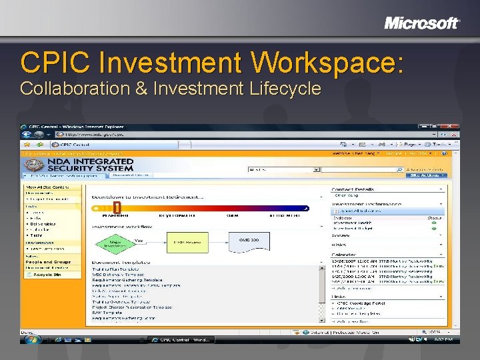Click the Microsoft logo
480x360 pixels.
[422, 23]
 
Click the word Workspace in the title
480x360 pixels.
[327, 63]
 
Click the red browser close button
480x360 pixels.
[453, 127]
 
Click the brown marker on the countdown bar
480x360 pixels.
[117, 208]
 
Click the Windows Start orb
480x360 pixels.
[31, 339]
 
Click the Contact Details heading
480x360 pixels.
[351, 189]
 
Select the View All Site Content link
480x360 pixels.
[46, 187]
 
